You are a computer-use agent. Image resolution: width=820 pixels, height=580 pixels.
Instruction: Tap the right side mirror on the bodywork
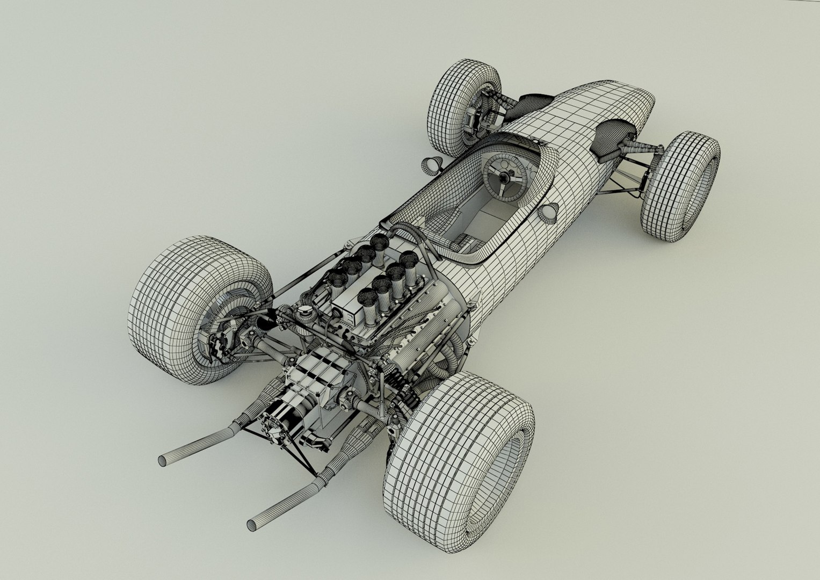549,212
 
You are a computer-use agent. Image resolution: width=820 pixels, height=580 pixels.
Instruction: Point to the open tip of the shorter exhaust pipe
162,461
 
